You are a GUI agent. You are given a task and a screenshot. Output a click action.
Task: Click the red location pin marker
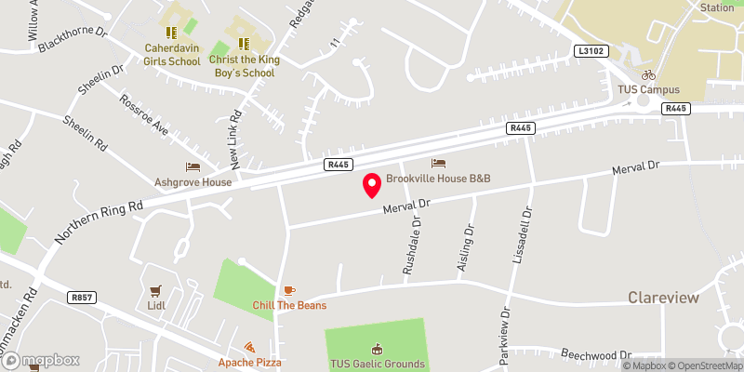click(372, 184)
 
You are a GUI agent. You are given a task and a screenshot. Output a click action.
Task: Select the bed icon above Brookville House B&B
click(438, 163)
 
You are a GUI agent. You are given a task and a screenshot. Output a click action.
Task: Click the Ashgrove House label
click(193, 182)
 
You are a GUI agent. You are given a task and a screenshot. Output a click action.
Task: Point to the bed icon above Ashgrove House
click(193, 166)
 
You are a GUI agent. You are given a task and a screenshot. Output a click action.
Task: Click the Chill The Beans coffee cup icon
click(289, 290)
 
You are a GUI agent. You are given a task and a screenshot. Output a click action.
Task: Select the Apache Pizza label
click(250, 362)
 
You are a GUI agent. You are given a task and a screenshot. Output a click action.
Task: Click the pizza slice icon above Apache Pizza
click(250, 347)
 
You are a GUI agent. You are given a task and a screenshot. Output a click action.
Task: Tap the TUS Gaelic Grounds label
click(377, 364)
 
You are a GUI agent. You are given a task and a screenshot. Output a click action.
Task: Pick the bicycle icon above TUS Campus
click(648, 74)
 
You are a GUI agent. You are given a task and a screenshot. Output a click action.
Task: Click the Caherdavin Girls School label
click(172, 55)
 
